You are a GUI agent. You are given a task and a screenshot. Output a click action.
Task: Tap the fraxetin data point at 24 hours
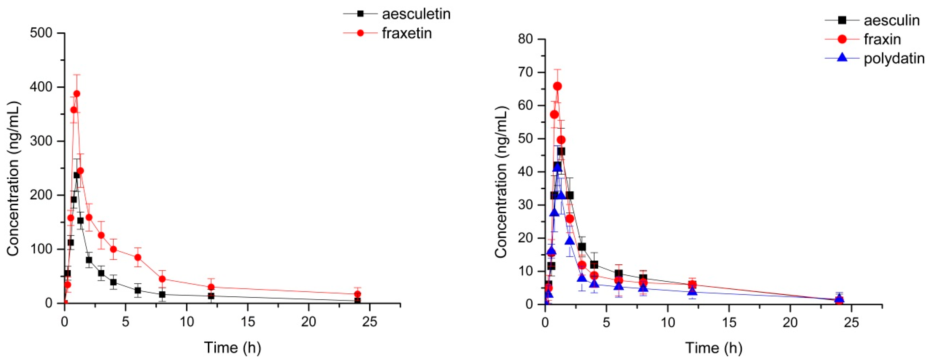click(x=357, y=294)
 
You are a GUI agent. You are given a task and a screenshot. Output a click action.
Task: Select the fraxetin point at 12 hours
click(x=211, y=287)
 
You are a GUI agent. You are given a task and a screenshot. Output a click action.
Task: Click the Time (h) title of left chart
click(x=232, y=347)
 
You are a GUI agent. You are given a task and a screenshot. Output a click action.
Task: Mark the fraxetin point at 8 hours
click(x=162, y=279)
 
